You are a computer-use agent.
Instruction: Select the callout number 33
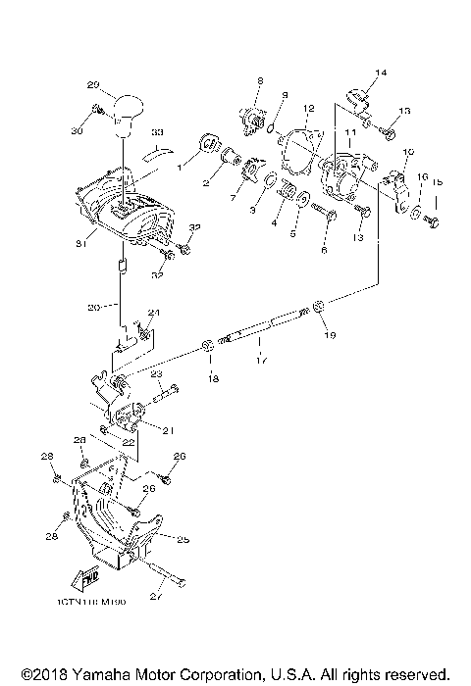pyautogui.click(x=158, y=131)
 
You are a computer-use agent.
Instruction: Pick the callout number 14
pyautogui.click(x=381, y=73)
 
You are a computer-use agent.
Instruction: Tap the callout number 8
pyautogui.click(x=260, y=80)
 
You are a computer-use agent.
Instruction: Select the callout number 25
pyautogui.click(x=182, y=538)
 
